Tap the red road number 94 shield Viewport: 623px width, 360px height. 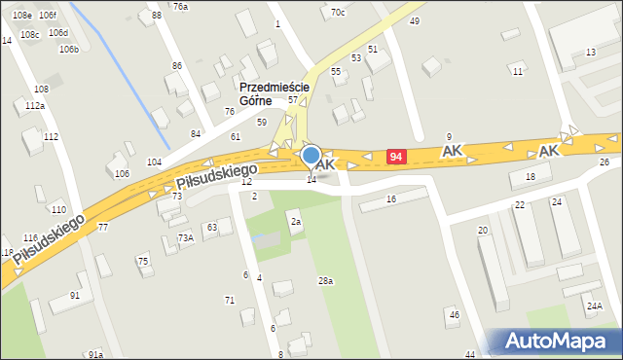(x=395, y=157)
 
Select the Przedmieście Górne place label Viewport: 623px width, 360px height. (x=274, y=93)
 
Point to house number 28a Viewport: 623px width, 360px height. (x=325, y=281)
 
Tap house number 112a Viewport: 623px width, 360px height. (x=35, y=105)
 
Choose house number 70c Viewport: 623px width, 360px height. (x=337, y=13)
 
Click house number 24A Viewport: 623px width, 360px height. (x=594, y=306)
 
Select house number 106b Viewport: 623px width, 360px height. (x=68, y=49)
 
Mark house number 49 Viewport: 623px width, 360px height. (x=415, y=21)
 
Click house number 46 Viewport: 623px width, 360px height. (x=453, y=314)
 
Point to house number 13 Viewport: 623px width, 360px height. (x=590, y=52)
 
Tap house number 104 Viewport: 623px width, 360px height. (x=154, y=162)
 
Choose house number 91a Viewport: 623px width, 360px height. (x=94, y=355)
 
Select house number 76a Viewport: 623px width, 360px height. (x=180, y=7)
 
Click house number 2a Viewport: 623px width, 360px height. (x=295, y=223)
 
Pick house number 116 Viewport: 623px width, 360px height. (x=30, y=238)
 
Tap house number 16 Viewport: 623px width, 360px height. (x=391, y=198)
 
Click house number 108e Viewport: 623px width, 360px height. (x=21, y=16)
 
